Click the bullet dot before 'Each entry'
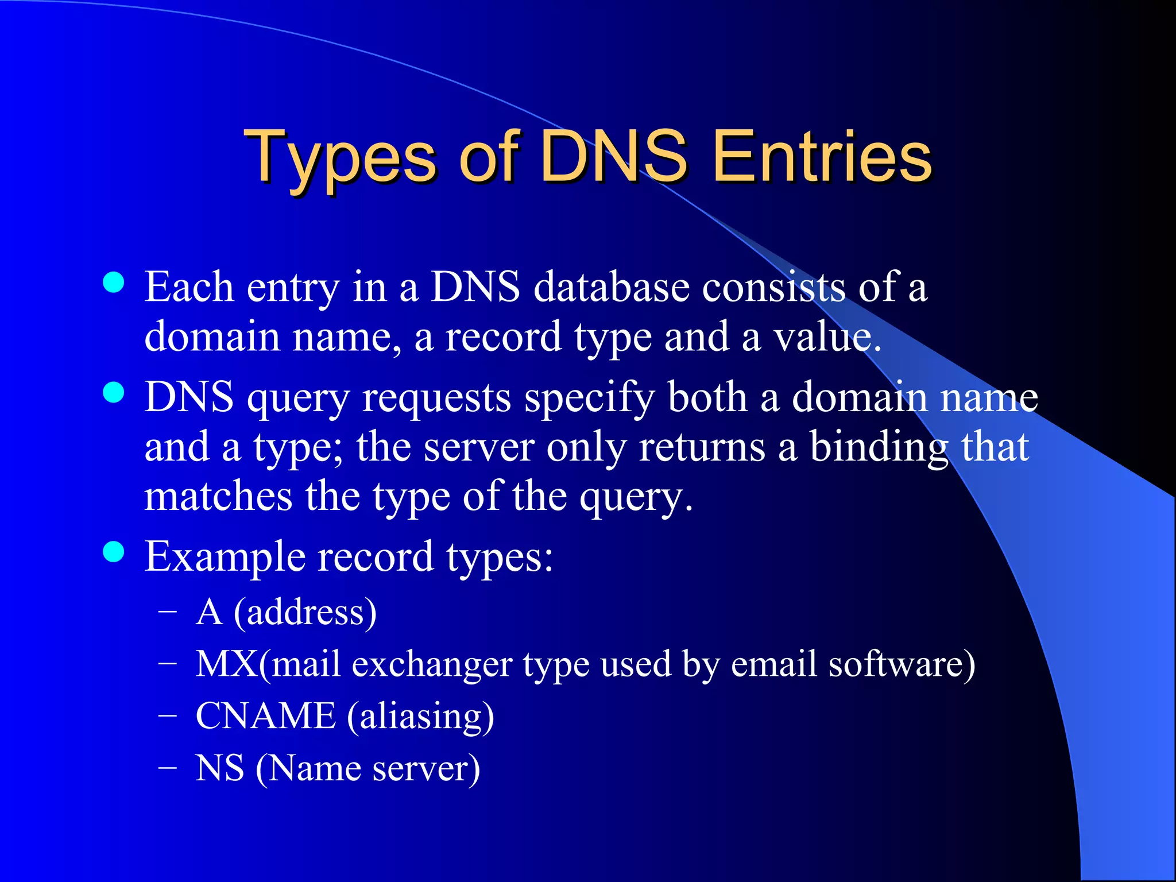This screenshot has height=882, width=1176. [x=114, y=282]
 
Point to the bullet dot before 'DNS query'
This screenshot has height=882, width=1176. [x=114, y=393]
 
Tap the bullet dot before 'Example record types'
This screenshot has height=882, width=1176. [x=114, y=551]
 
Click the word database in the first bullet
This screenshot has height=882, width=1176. [x=611, y=287]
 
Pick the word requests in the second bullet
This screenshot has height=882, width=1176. [x=436, y=397]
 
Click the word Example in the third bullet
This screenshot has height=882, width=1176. [x=224, y=557]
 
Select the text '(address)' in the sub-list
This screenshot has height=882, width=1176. [x=305, y=612]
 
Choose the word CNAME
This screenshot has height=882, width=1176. [x=265, y=716]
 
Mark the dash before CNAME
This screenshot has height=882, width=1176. [x=167, y=716]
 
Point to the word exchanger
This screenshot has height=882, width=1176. [x=432, y=665]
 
